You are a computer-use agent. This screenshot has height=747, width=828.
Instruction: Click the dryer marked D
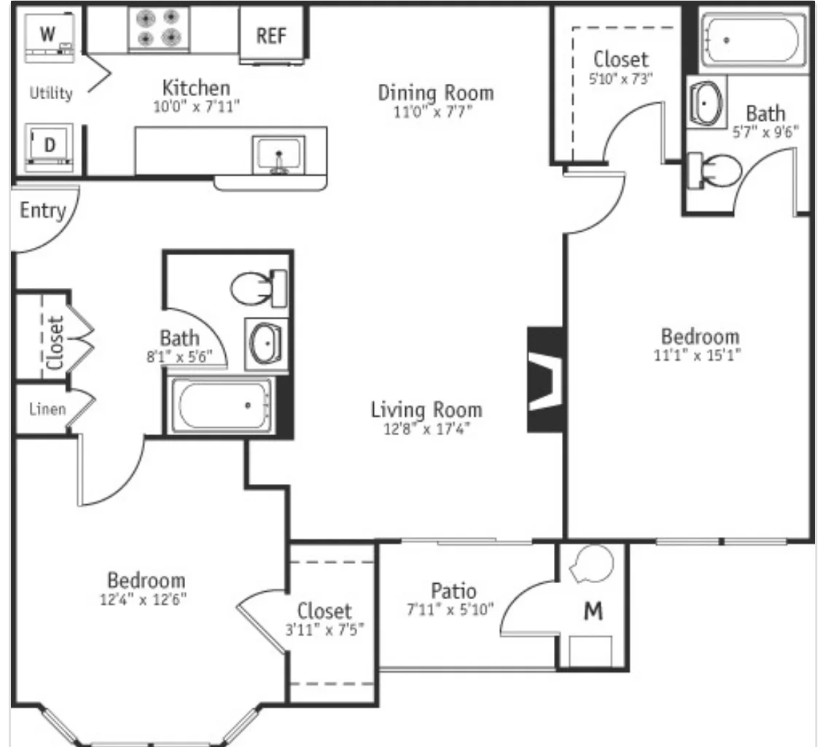pos(50,146)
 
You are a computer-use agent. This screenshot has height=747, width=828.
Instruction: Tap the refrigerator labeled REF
pos(271,35)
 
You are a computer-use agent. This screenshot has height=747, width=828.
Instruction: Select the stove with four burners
pos(159,28)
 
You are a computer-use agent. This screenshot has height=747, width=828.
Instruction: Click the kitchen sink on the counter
pos(278,155)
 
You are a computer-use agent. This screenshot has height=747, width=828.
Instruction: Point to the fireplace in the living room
pos(546,379)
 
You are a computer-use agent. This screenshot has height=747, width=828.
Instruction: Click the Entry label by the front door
pos(42,211)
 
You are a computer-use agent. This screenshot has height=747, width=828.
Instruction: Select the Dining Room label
pos(435,93)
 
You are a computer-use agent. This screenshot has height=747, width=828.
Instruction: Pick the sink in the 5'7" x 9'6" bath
pos(706,101)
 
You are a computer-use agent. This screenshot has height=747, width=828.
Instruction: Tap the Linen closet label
pos(47,409)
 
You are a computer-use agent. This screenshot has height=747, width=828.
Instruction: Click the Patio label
pos(453,590)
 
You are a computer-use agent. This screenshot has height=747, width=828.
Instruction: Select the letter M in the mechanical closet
pos(594,612)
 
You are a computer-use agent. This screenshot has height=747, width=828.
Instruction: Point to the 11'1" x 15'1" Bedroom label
pos(700,337)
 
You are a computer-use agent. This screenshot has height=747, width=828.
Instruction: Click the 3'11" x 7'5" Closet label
pos(324,611)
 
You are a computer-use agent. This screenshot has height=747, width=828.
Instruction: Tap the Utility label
pos(51,93)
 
